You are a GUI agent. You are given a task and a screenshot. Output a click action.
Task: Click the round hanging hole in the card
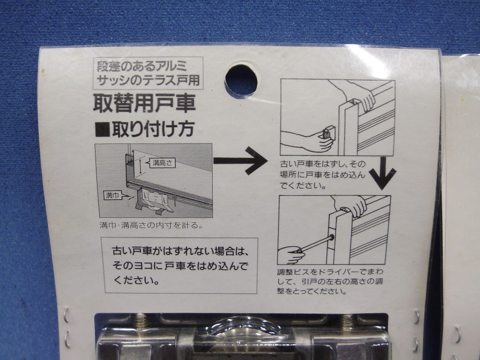point(241,80)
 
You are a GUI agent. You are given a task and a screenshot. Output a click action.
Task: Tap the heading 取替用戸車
point(144,104)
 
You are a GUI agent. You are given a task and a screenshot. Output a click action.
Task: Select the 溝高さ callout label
point(162,163)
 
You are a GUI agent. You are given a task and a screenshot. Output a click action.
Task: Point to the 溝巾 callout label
point(113,195)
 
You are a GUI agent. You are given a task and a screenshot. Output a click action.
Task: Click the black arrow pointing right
point(240,161)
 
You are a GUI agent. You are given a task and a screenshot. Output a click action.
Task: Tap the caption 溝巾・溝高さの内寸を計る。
point(151,226)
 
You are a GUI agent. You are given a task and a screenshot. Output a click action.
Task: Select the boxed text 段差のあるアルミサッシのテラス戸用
point(148,73)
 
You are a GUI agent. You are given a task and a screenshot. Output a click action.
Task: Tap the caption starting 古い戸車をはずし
point(323,175)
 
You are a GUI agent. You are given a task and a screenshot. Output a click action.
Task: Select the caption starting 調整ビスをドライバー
point(330,281)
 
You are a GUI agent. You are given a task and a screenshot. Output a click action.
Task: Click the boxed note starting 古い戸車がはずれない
point(180,266)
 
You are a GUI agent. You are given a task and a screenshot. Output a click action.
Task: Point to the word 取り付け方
point(153,129)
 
